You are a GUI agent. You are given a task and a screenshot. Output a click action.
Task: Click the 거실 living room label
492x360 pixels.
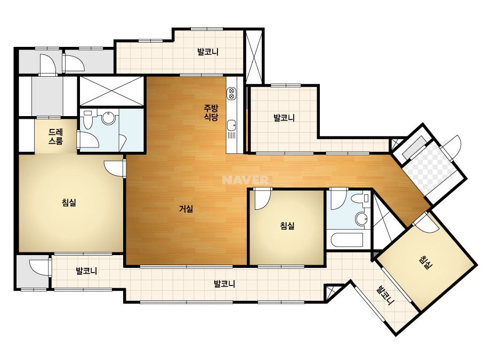pyautogui.click(x=185, y=209)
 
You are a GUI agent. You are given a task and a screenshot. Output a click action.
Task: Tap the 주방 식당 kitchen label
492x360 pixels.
pyautogui.click(x=211, y=112)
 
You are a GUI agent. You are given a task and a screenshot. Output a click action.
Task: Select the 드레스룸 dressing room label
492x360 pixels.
pyautogui.click(x=55, y=136)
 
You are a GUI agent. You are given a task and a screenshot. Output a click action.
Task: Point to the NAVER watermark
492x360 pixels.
pyautogui.click(x=245, y=180)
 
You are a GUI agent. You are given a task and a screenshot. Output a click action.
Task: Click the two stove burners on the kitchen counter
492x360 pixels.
pyautogui.click(x=231, y=93)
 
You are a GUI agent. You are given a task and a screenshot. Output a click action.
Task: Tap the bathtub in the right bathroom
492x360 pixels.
pyautogui.click(x=345, y=240)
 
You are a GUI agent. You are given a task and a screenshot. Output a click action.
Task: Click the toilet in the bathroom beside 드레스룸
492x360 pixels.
pyautogui.click(x=87, y=120)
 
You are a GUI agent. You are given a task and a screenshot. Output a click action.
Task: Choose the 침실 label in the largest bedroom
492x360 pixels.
pyautogui.click(x=69, y=202)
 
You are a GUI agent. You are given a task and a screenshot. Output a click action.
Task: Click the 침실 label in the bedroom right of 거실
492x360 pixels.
pyautogui.click(x=287, y=225)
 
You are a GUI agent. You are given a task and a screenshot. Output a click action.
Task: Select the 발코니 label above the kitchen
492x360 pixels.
pyautogui.click(x=208, y=52)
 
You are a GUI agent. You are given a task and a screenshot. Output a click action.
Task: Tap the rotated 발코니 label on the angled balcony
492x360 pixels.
pyautogui.click(x=385, y=296)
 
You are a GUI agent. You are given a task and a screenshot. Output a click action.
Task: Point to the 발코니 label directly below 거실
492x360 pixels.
pyautogui.click(x=224, y=284)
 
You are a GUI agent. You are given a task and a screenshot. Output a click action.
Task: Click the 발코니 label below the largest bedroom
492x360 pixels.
pyautogui.click(x=86, y=271)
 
